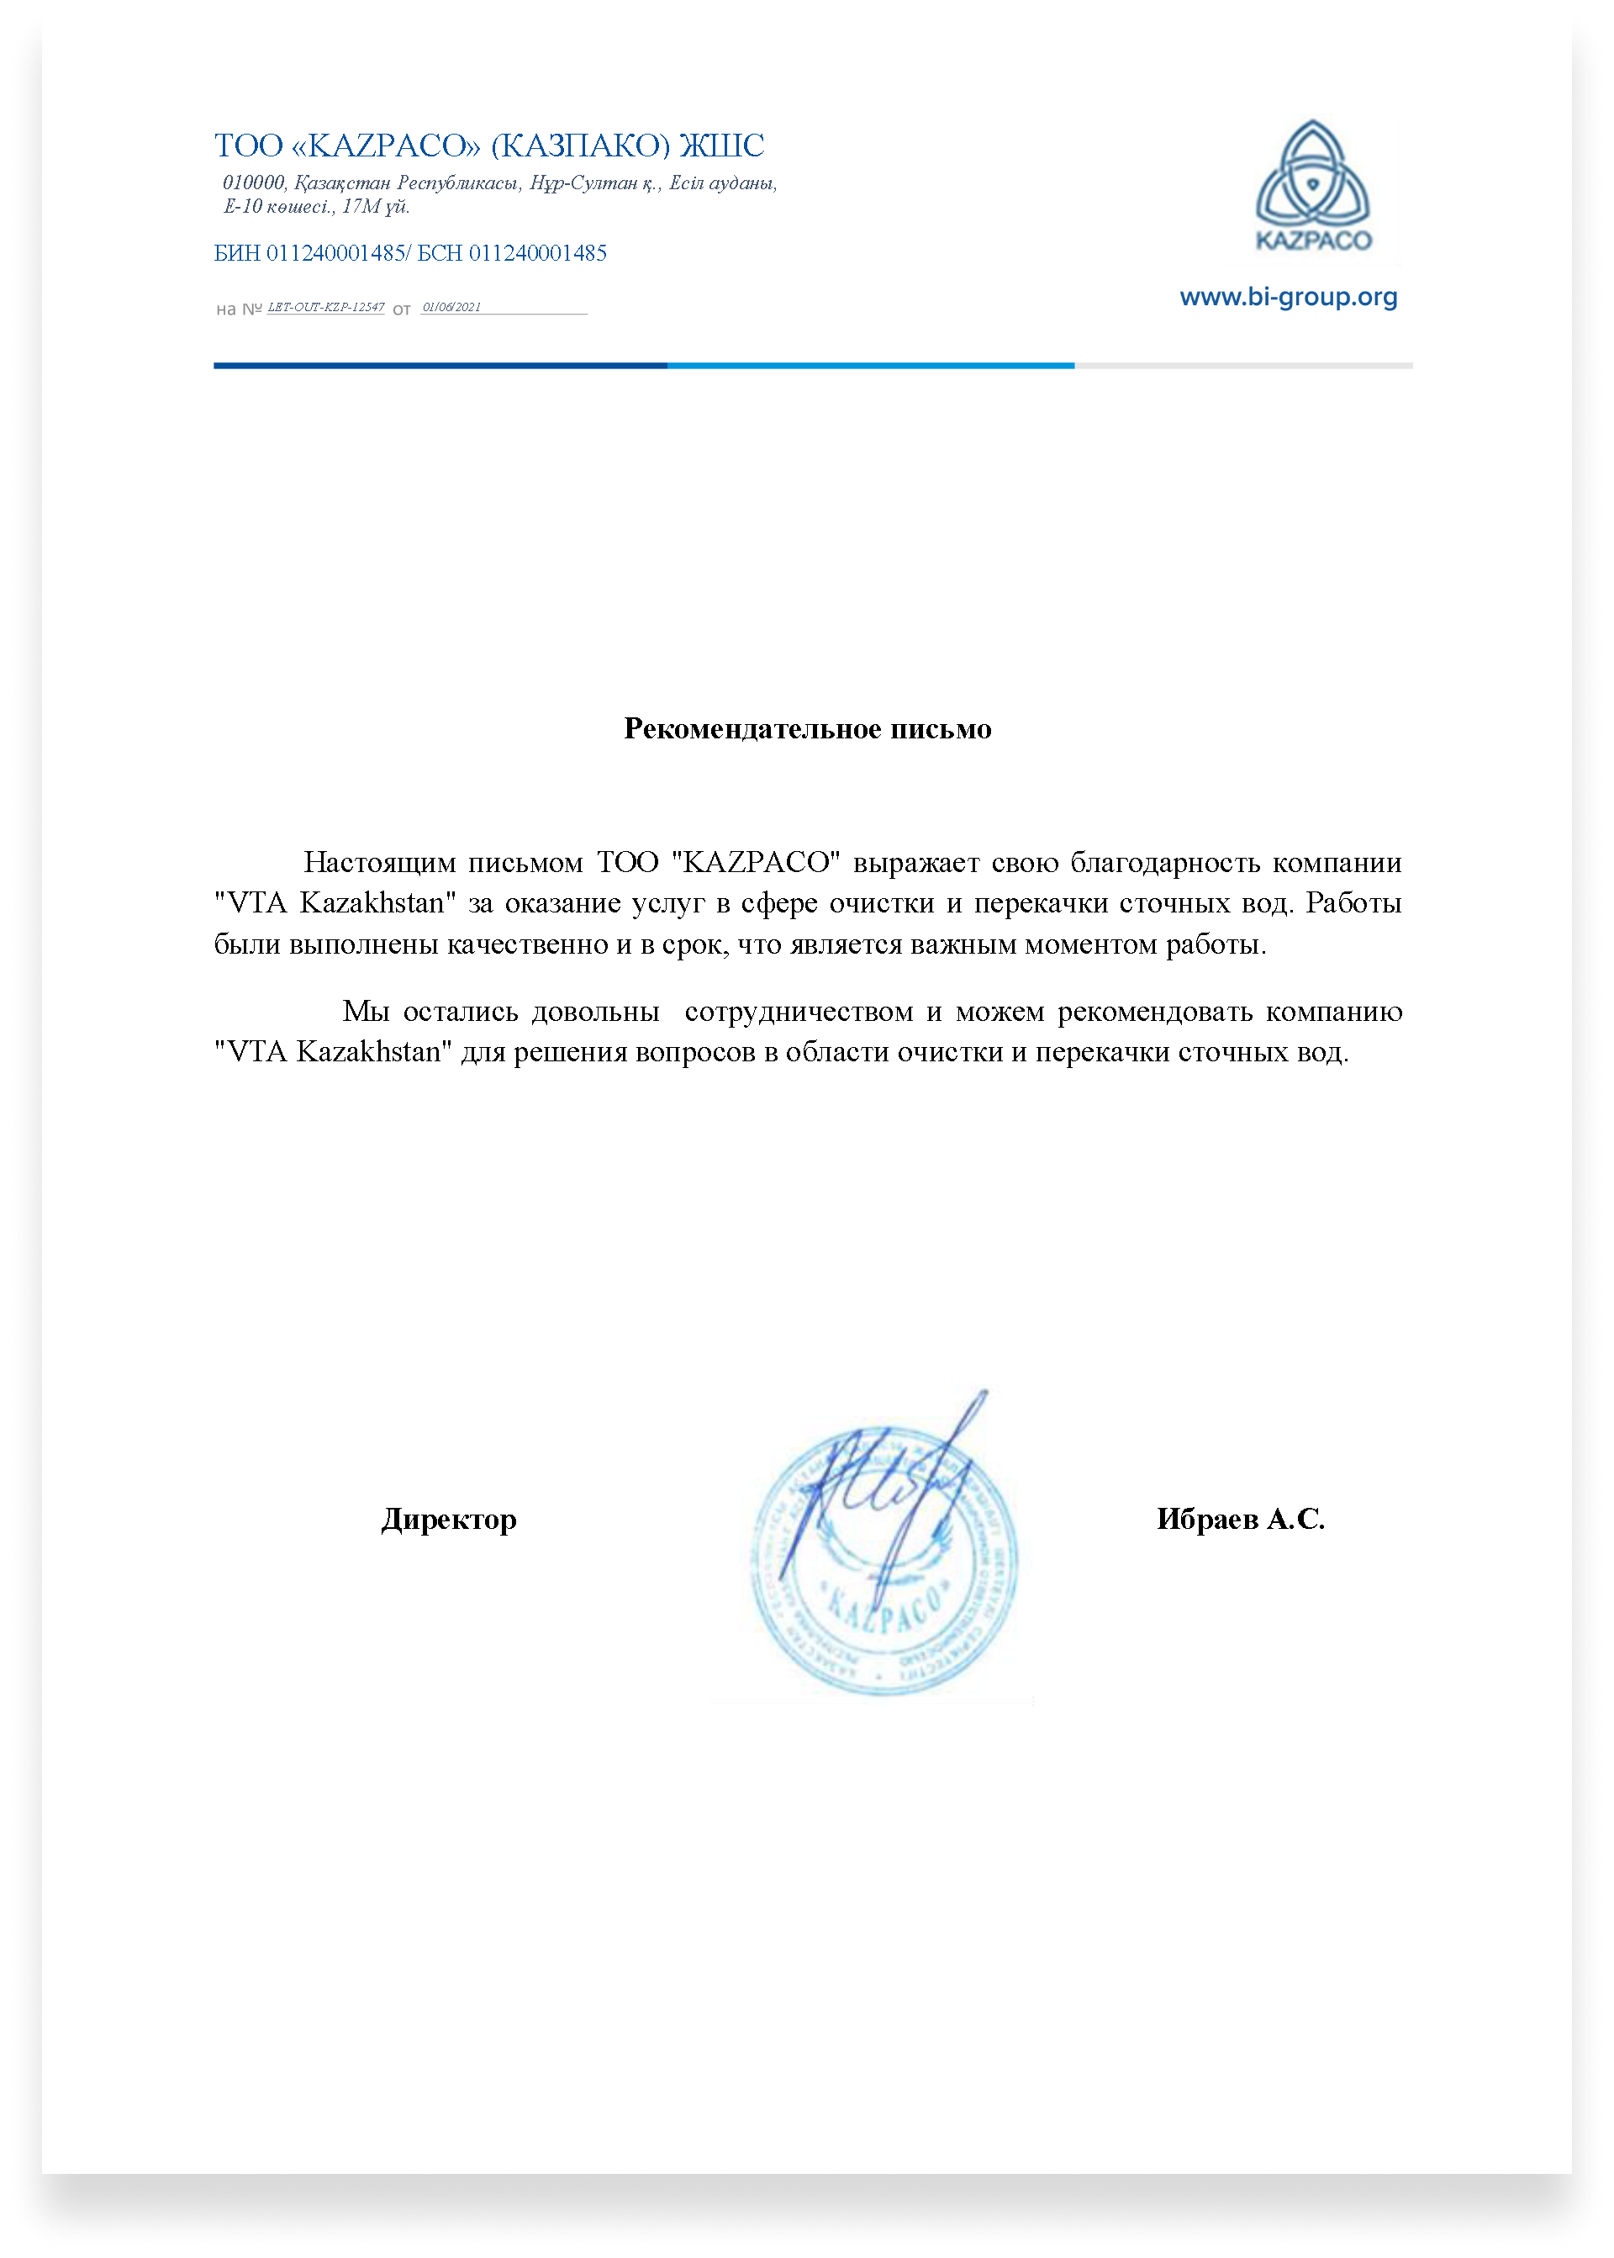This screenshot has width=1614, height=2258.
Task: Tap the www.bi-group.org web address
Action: click(1288, 298)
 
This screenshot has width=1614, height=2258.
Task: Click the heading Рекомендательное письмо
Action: click(807, 729)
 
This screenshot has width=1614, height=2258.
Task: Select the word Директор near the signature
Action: click(449, 1520)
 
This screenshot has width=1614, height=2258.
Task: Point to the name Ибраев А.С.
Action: click(1240, 1520)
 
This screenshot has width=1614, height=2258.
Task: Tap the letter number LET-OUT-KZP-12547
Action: click(326, 307)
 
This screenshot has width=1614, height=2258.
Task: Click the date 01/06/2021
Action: click(451, 307)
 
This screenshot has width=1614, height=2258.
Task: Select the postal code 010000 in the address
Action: click(253, 183)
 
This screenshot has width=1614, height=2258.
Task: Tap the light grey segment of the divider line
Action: click(1242, 366)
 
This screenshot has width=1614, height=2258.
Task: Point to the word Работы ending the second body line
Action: click(1353, 903)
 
